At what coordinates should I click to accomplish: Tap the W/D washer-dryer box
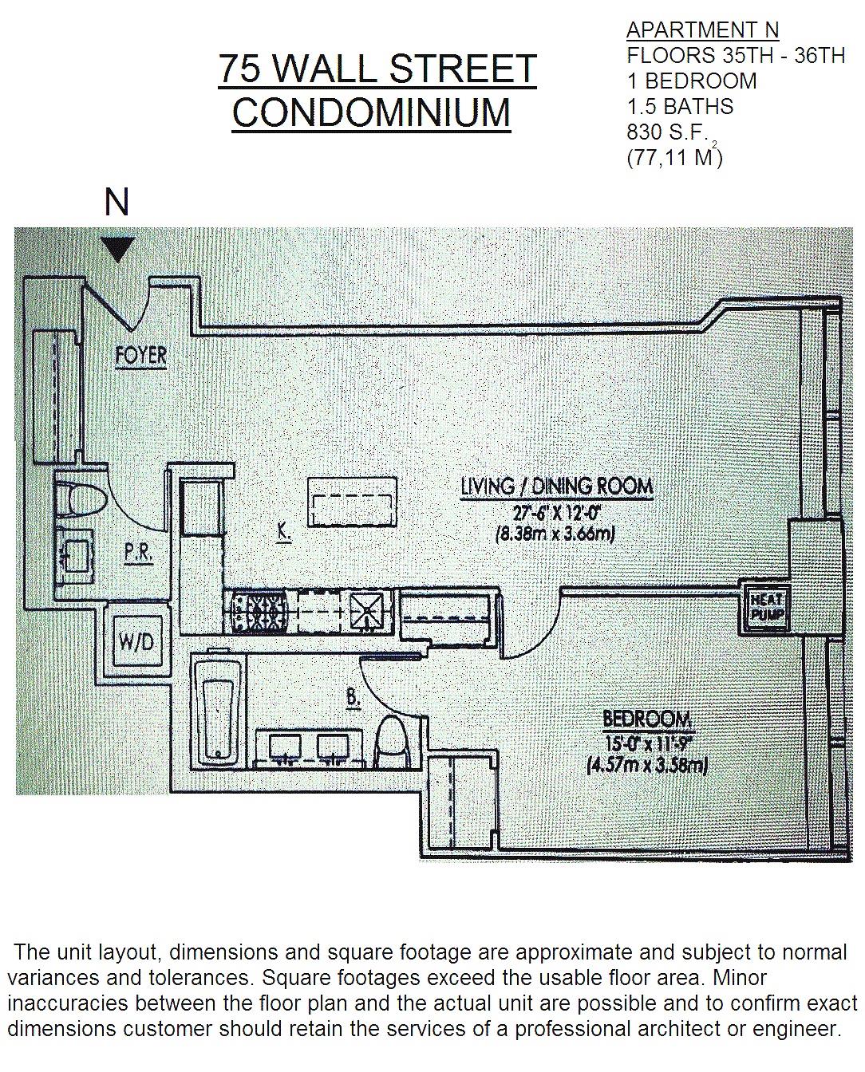[136, 641]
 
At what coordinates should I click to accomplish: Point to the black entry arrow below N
[117, 250]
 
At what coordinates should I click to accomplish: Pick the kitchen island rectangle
[352, 503]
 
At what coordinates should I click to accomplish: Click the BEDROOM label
[647, 719]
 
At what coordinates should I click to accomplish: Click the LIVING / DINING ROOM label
[556, 485]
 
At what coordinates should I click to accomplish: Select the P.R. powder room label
[138, 553]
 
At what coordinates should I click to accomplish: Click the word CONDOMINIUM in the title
[371, 111]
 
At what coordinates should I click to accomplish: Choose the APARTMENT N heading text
[702, 30]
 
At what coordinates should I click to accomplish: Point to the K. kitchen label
[282, 531]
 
